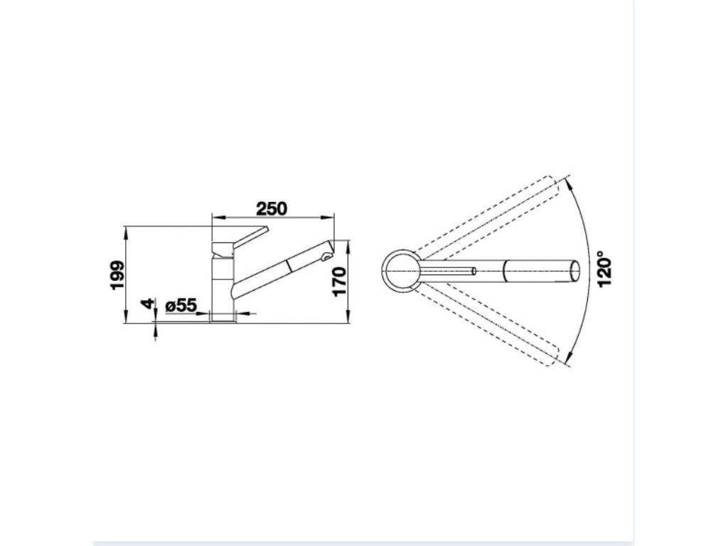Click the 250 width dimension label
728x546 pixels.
coord(272,208)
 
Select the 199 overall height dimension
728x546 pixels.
coord(118,274)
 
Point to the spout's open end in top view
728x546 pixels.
coord(574,270)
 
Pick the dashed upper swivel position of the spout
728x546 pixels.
coord(491,213)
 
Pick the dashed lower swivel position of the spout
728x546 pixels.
coord(491,327)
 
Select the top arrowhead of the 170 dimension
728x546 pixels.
coord(348,244)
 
